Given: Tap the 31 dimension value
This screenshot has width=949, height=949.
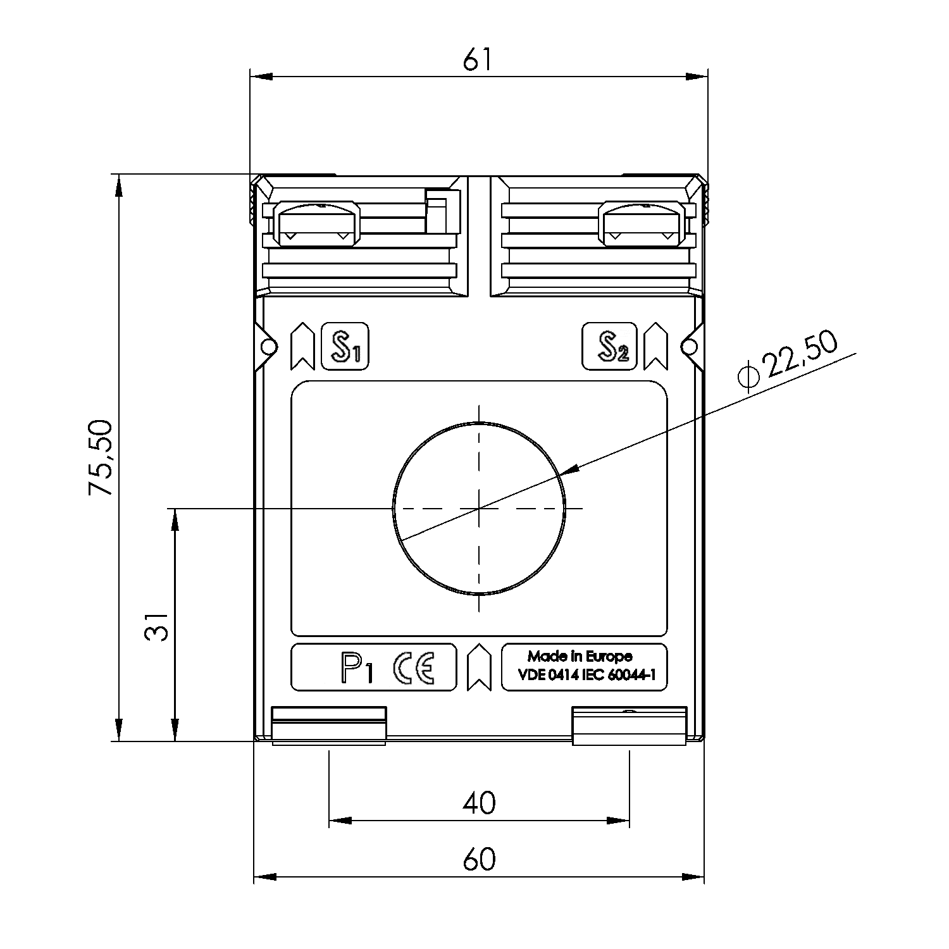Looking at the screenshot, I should [x=156, y=626].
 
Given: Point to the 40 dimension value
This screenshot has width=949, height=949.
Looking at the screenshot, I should [x=479, y=803].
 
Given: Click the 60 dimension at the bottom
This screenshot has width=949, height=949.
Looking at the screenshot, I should [x=479, y=859].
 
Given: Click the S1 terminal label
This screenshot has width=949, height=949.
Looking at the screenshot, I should [x=345, y=347].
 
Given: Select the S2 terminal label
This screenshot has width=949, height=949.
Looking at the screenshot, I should [x=609, y=347].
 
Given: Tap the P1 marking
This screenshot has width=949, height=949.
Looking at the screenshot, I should [x=357, y=668].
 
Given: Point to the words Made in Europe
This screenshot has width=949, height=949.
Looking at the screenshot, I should [x=580, y=656].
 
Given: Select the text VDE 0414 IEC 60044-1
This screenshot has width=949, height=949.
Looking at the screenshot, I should [x=586, y=675].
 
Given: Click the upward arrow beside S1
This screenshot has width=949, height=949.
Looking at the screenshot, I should [x=302, y=347].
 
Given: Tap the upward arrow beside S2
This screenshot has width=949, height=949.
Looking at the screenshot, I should [x=655, y=347].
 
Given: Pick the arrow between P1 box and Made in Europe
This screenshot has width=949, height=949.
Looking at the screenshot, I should [x=479, y=667].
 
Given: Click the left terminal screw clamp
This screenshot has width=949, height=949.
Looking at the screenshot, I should [x=316, y=224].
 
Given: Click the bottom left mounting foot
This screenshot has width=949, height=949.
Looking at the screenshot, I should [x=329, y=726].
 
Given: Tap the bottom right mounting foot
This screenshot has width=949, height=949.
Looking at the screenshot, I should [x=629, y=726].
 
